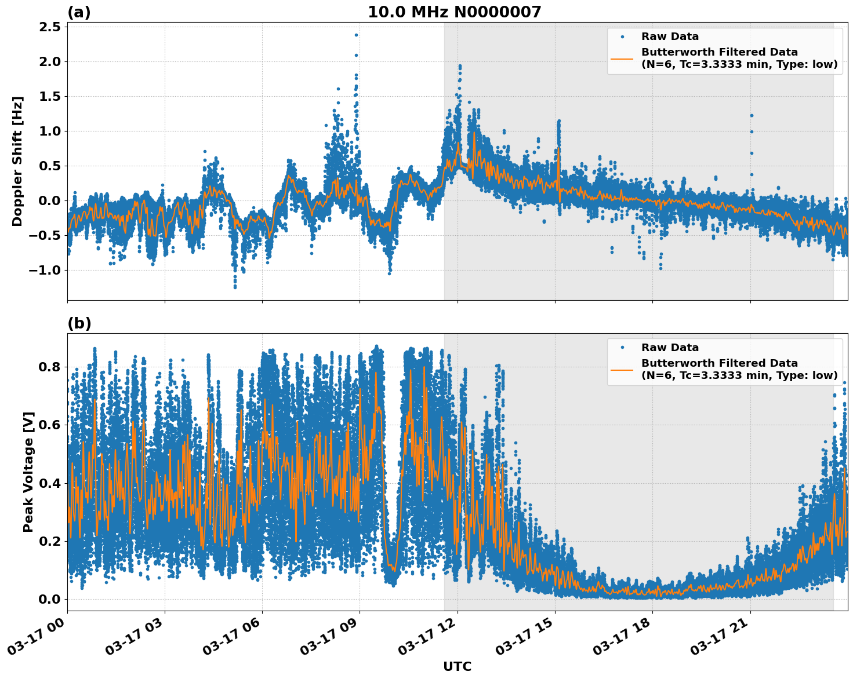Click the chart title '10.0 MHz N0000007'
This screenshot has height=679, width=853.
(454, 12)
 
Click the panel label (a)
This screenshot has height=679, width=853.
(79, 12)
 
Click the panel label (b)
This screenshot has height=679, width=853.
(79, 323)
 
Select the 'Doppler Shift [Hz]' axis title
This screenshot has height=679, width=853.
(17, 161)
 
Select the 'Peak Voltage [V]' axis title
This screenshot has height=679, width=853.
(28, 472)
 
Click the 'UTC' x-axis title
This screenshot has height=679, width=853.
(457, 666)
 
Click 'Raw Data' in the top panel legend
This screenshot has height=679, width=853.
(670, 36)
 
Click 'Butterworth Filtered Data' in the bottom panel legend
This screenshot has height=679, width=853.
(719, 363)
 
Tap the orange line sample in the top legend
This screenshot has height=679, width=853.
(622, 58)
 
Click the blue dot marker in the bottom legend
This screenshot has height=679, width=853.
(622, 348)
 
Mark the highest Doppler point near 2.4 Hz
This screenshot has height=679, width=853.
(356, 35)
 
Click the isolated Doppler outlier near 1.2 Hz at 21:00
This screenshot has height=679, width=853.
(752, 115)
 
